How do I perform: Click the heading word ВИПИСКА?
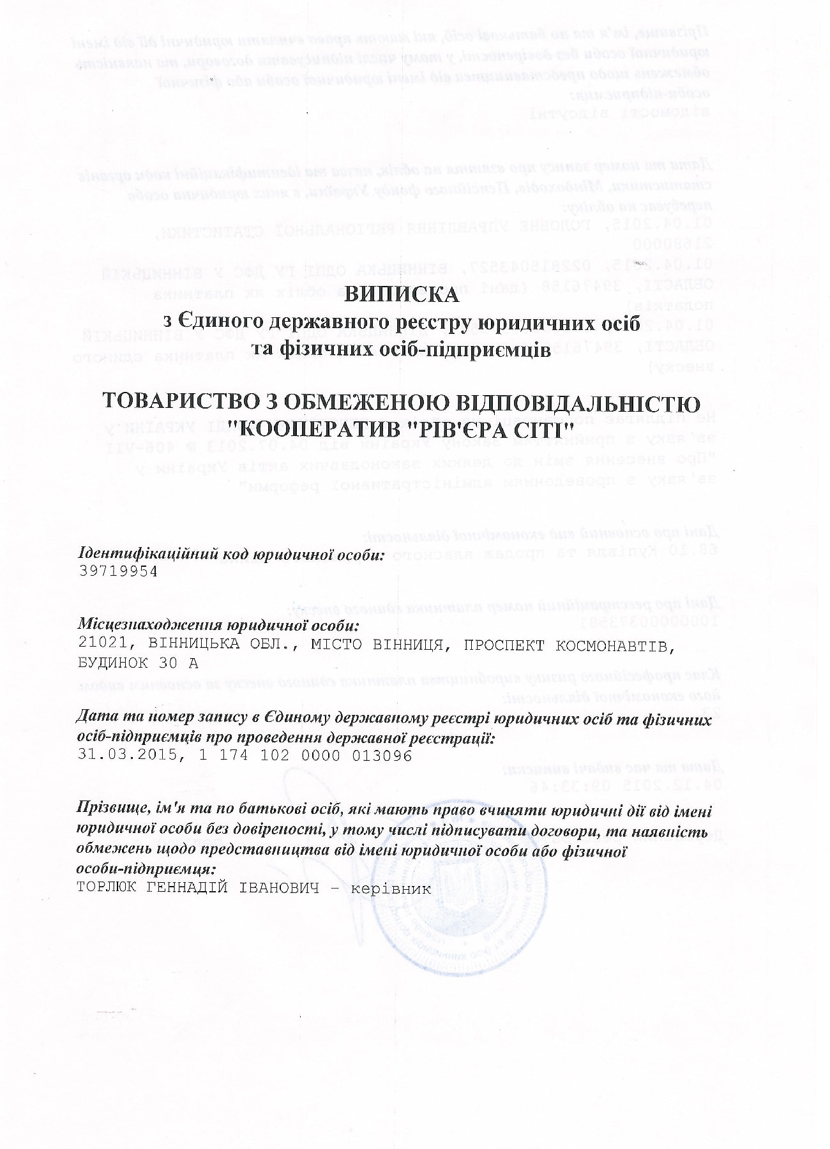pyautogui.click(x=402, y=294)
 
